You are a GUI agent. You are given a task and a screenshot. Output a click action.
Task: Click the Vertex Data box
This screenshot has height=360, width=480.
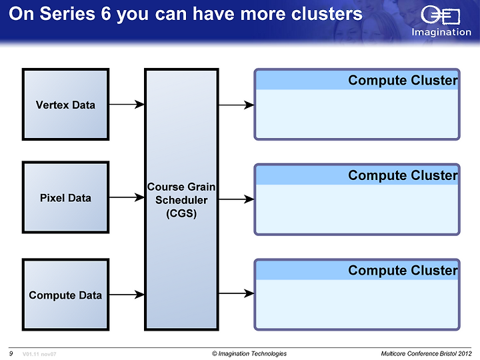click(x=65, y=105)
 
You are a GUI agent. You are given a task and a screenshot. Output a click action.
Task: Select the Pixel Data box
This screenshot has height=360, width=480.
click(x=65, y=197)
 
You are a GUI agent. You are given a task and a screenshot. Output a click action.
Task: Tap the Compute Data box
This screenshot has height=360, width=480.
click(x=65, y=295)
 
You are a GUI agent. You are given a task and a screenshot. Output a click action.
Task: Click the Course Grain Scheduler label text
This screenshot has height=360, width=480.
click(x=181, y=200)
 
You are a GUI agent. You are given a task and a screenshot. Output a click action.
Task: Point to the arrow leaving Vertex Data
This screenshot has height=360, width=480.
click(x=127, y=105)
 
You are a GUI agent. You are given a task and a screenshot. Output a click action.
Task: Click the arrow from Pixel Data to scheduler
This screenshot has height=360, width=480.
click(x=127, y=197)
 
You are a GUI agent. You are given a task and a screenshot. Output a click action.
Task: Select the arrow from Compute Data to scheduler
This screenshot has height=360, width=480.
click(x=127, y=295)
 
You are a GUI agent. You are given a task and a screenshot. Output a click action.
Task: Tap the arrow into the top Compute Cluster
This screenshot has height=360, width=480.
click(x=236, y=105)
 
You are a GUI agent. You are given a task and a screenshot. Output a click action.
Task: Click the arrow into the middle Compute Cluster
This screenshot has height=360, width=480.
click(x=236, y=199)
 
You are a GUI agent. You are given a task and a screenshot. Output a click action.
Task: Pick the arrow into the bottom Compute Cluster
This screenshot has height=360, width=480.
click(x=236, y=293)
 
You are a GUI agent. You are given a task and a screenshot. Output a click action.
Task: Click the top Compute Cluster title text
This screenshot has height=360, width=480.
click(x=403, y=80)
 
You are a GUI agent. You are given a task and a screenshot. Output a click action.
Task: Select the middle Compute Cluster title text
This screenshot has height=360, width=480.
click(x=403, y=175)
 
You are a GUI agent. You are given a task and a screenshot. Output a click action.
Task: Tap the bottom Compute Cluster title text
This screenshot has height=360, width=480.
click(x=403, y=270)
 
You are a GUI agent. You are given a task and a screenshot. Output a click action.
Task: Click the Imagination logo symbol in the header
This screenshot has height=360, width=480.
click(x=440, y=15)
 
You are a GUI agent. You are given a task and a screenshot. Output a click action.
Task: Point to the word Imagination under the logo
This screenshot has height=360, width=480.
click(x=441, y=32)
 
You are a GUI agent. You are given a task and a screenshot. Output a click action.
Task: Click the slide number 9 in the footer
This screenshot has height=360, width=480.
click(x=11, y=353)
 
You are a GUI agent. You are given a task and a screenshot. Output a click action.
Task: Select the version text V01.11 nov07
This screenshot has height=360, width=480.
click(x=39, y=354)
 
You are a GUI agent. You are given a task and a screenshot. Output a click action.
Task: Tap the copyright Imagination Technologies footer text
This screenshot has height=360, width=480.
click(x=249, y=354)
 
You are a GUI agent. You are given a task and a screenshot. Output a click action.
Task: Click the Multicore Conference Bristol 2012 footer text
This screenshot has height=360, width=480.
click(x=426, y=354)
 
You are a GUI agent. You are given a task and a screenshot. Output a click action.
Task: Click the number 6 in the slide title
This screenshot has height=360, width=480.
click(x=105, y=14)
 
